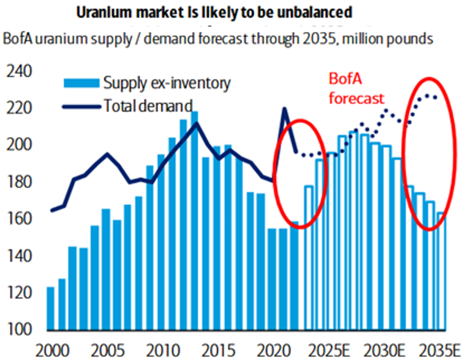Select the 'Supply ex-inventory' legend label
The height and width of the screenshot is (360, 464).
click(x=167, y=83)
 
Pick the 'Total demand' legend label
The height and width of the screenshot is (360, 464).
click(x=148, y=105)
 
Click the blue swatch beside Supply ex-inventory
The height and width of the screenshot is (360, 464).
click(x=81, y=83)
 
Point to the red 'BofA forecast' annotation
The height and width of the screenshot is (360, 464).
click(x=356, y=89)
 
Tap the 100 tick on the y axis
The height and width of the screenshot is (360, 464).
click(x=18, y=330)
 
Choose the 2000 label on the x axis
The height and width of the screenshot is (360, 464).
click(x=50, y=348)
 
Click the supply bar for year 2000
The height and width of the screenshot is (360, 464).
click(x=51, y=308)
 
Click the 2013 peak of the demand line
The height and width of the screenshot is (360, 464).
click(x=195, y=124)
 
